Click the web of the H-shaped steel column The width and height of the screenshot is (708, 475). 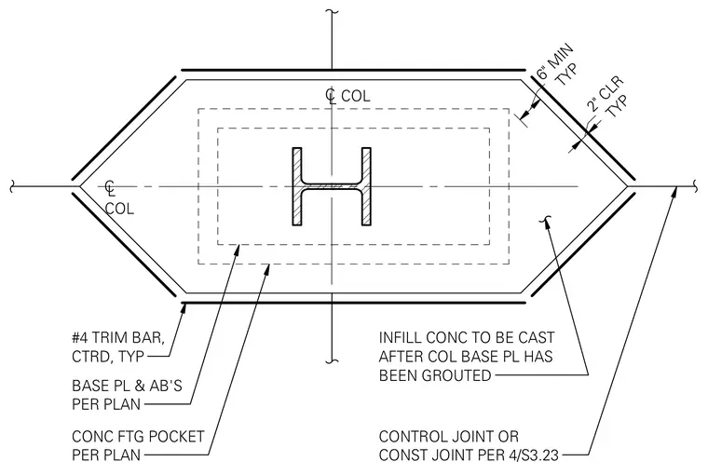[x=332, y=186]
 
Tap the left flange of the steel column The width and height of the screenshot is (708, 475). [x=296, y=186]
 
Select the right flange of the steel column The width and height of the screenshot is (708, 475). [x=366, y=186]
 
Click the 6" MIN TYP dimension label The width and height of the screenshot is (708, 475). [x=555, y=66]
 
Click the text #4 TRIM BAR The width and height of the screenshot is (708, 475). [x=118, y=338]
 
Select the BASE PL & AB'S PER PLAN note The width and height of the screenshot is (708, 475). [x=127, y=395]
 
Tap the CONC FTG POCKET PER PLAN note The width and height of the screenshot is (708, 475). [x=138, y=445]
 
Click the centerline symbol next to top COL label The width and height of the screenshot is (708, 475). [x=331, y=96]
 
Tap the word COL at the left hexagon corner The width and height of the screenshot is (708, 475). [x=119, y=209]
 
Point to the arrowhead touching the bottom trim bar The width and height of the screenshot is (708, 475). [x=184, y=308]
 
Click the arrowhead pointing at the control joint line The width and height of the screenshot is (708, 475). [x=674, y=192]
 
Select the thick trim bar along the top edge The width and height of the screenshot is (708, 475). [x=354, y=70]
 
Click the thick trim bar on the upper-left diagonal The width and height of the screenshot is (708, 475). [x=124, y=128]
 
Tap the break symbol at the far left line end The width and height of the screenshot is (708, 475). [x=13, y=185]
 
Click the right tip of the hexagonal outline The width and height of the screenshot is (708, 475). [x=629, y=186]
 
